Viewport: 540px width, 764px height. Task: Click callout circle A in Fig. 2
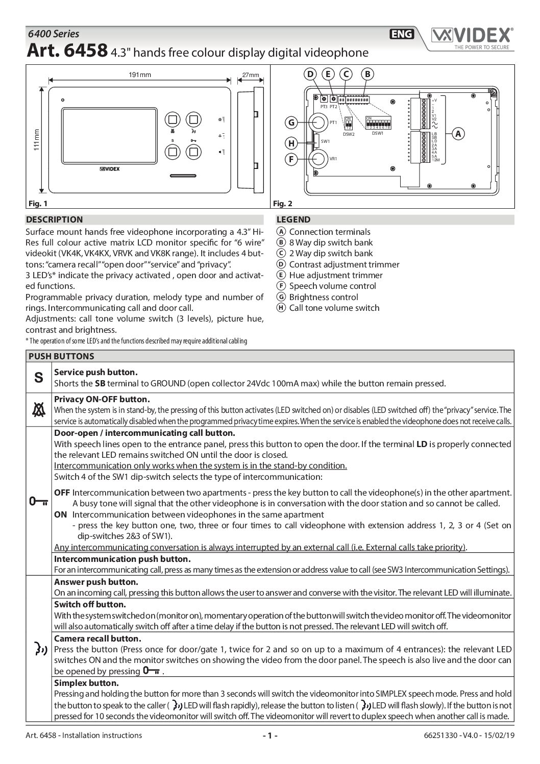[458, 134]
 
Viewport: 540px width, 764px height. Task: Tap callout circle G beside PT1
[291, 122]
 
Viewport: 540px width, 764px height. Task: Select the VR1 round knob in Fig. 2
[318, 159]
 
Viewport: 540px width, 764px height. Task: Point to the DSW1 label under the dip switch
[378, 134]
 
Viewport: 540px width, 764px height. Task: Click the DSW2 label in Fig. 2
[349, 134]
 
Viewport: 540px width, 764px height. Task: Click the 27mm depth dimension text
[250, 75]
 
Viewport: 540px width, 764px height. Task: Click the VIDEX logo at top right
[471, 36]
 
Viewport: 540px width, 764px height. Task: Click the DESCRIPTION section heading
[54, 220]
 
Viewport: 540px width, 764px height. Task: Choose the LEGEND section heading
[293, 220]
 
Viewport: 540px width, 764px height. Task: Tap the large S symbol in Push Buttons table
[39, 378]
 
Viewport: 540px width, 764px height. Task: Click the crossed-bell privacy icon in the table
[39, 409]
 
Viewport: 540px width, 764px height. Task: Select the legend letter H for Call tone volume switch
[281, 308]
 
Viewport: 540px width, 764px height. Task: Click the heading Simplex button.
[86, 683]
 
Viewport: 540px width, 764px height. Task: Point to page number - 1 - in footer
[269, 735]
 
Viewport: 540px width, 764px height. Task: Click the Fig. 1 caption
[37, 204]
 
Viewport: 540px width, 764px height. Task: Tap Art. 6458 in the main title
[66, 51]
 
